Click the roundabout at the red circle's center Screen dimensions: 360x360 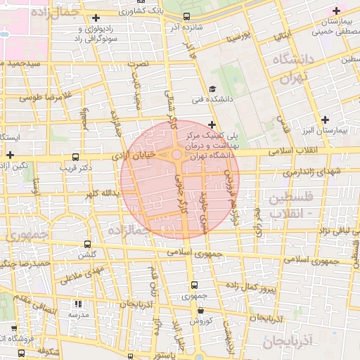176,155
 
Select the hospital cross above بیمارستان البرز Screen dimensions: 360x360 325,120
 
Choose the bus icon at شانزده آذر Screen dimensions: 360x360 186,16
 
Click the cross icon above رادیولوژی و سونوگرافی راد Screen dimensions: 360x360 96,18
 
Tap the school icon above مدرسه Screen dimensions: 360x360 77,304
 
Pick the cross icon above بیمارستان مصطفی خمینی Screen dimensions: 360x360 337,11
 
